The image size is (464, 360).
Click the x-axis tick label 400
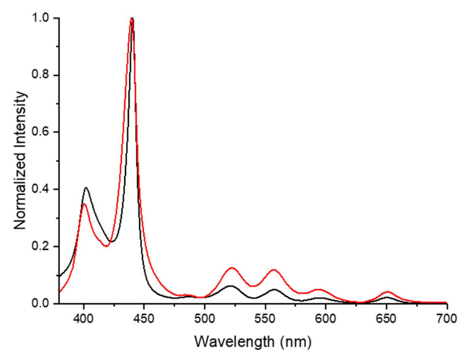point(84,319)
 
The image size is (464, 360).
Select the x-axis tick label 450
point(144,319)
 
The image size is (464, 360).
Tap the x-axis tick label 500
point(204,319)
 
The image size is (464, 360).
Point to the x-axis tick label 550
point(265,319)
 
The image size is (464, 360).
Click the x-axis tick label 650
point(386,319)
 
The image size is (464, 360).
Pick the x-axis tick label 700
point(447,319)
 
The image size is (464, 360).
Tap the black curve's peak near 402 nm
point(86,188)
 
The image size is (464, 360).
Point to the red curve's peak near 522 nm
point(232,268)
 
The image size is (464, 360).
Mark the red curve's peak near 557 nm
point(274,269)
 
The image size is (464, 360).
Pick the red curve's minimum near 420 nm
point(107,246)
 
